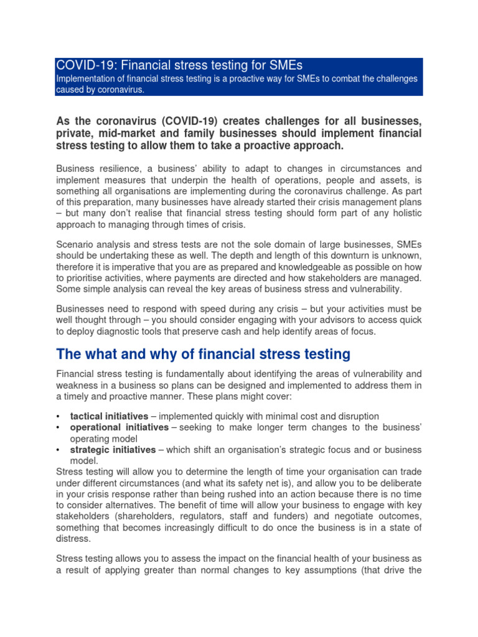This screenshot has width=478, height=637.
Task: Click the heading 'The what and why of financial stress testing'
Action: pos(203,355)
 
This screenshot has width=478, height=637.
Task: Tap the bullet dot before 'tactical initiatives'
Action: pos(58,416)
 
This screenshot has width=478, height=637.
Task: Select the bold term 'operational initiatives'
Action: pos(119,427)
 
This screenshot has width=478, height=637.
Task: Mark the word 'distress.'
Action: pos(73,539)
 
